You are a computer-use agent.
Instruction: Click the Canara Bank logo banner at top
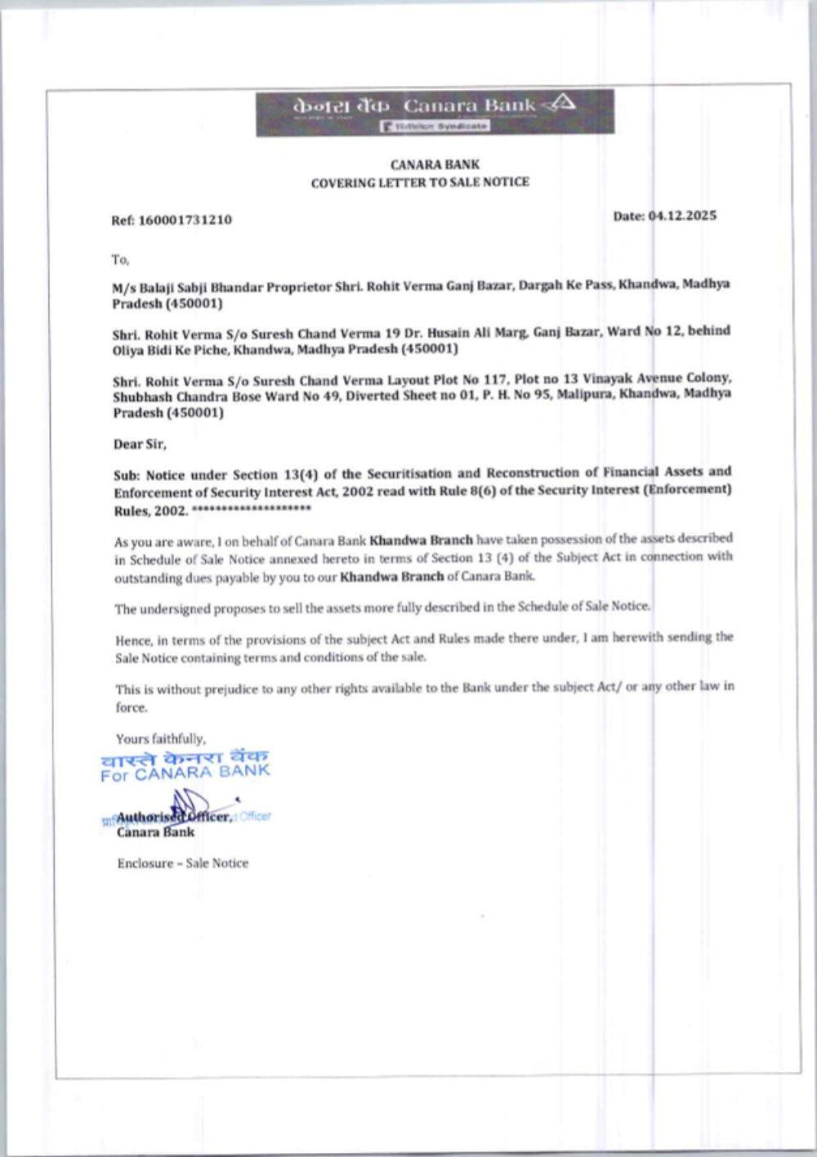click(435, 112)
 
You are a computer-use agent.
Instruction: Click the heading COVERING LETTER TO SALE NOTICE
click(420, 182)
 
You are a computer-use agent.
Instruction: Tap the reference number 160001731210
click(185, 220)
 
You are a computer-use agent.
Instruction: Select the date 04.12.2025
click(682, 216)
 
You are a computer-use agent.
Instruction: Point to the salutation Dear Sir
click(140, 444)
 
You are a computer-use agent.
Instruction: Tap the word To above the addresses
click(120, 260)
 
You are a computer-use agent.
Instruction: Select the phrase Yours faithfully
click(161, 738)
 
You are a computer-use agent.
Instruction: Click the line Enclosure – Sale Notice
click(183, 863)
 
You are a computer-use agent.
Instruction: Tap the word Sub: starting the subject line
click(127, 475)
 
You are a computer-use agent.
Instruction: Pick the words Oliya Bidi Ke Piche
click(171, 350)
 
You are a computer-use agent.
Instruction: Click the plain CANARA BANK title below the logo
click(435, 164)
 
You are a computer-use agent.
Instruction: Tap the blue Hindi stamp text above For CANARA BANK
click(185, 757)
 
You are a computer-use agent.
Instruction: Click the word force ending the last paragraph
click(132, 707)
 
